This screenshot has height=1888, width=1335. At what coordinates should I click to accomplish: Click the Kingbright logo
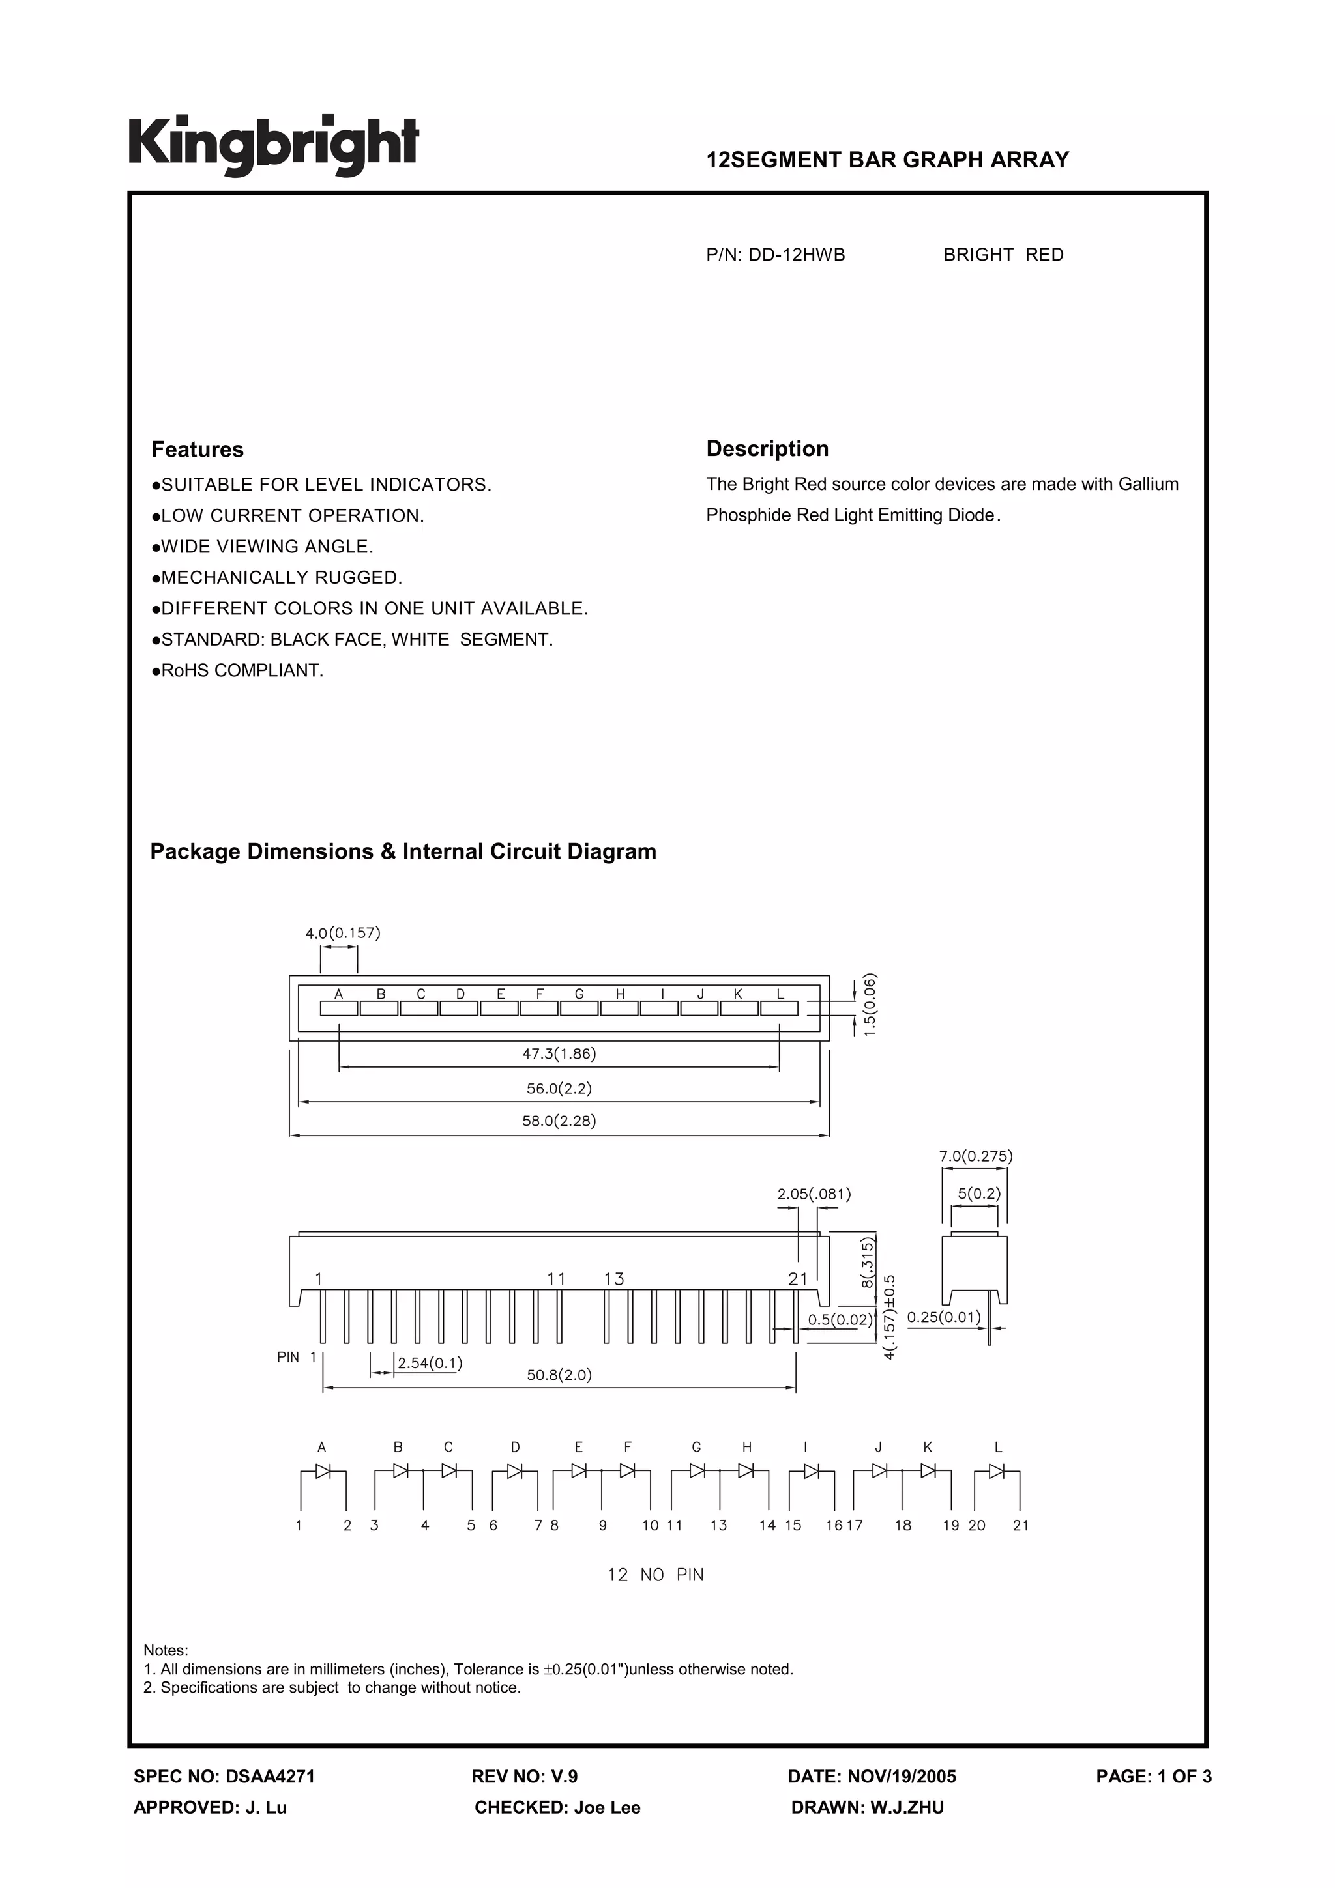pyautogui.click(x=273, y=145)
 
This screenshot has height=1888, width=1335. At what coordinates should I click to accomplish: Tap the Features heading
pyautogui.click(x=198, y=450)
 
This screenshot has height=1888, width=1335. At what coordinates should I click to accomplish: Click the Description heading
pyautogui.click(x=767, y=449)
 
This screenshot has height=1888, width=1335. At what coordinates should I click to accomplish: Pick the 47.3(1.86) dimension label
pyautogui.click(x=559, y=1053)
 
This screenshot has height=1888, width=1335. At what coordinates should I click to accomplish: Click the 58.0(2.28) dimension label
pyautogui.click(x=559, y=1121)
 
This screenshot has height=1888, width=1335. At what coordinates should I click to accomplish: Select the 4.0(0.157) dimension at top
pyautogui.click(x=342, y=934)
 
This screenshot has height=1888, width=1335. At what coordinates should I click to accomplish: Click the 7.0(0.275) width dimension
pyautogui.click(x=976, y=1156)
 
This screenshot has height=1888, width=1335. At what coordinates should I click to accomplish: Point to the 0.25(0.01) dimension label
pyautogui.click(x=943, y=1317)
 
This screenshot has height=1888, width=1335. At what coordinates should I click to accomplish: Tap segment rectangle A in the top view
pyautogui.click(x=339, y=1008)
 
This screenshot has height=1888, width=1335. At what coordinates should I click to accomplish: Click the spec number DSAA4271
pyautogui.click(x=270, y=1776)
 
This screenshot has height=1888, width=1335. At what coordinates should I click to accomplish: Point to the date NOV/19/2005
pyautogui.click(x=902, y=1776)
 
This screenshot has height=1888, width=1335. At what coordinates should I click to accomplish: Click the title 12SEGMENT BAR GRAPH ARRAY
pyautogui.click(x=888, y=160)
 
